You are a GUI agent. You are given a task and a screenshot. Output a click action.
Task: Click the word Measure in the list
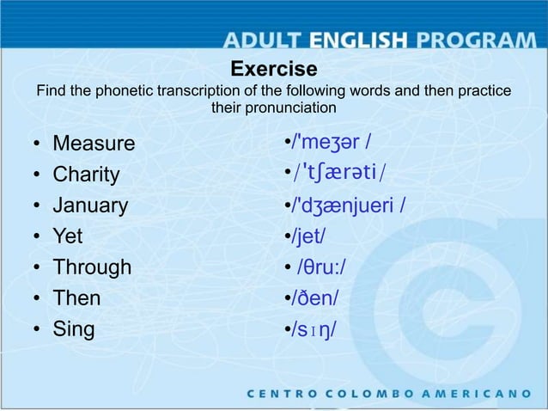[x=94, y=143]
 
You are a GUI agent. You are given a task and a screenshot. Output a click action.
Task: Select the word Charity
[x=87, y=175]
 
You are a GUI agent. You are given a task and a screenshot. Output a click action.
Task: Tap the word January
[x=90, y=205]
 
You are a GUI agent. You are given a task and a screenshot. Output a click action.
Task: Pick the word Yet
[x=68, y=236]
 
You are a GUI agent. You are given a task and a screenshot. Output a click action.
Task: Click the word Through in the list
[x=92, y=267]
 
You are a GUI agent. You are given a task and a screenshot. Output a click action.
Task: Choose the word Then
[x=76, y=298]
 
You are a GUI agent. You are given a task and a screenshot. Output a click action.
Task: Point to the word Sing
[x=75, y=329]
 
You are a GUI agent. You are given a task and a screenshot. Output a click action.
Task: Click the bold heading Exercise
[x=274, y=69]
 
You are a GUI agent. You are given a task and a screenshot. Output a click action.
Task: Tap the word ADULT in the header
[x=263, y=40]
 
